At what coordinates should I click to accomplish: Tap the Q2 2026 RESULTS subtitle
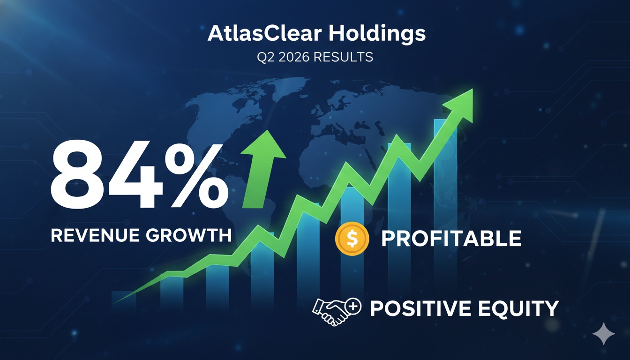(x=315, y=57)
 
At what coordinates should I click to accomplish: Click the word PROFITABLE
(x=451, y=239)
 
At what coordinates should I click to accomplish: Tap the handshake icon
(x=330, y=311)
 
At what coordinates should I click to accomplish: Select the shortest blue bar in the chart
(x=124, y=300)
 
